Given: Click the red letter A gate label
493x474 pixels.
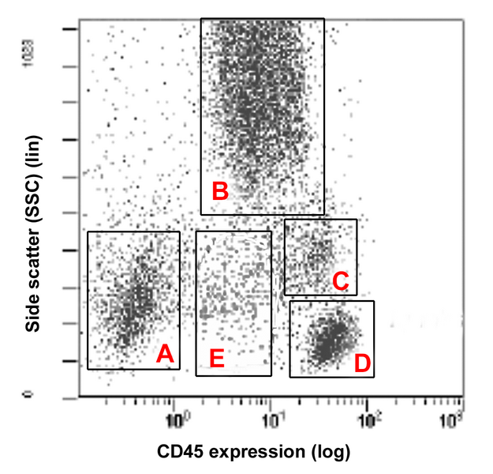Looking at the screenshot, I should click(164, 355).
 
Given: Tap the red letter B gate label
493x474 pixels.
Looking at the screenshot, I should click(220, 190).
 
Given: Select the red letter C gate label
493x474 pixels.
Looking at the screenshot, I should click(341, 280).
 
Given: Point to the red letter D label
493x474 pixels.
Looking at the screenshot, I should click(362, 363).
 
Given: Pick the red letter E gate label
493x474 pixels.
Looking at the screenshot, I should click(217, 359).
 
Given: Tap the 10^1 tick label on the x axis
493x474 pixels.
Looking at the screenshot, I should click(271, 414).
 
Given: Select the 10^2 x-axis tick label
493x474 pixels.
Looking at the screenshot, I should click(368, 414).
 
